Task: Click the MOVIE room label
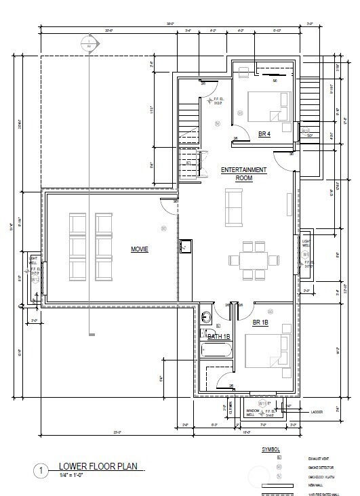(x=140, y=249)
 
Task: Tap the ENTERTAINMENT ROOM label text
(x=243, y=173)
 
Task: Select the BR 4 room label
(x=265, y=133)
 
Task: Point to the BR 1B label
(x=260, y=323)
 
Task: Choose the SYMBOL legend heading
(x=271, y=449)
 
